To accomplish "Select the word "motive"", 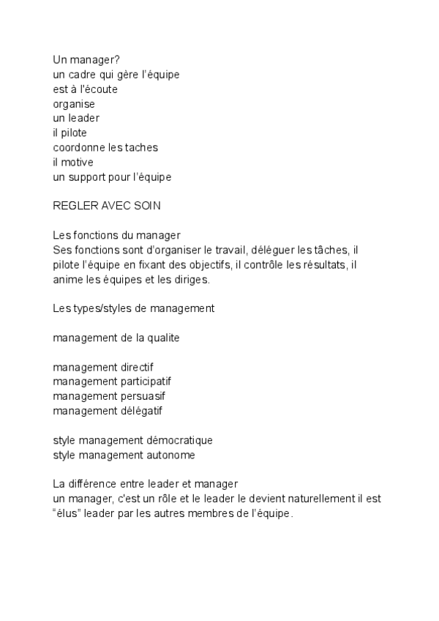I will click(x=77, y=162).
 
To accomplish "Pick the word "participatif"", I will click(x=146, y=382).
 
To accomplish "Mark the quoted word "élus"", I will click(x=67, y=513).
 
